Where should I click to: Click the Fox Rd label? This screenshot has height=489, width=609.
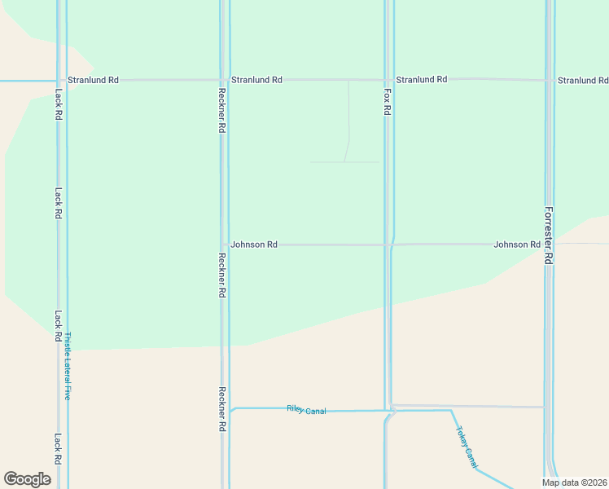pos(387,103)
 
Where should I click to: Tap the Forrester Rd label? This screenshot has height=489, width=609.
pos(548,235)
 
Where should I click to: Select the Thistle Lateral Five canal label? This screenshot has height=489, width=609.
pos(68,366)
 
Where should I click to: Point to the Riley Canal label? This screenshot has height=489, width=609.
pos(306,410)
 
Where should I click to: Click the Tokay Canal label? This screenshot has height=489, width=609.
pos(467,447)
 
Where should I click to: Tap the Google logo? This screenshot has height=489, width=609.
pos(27,479)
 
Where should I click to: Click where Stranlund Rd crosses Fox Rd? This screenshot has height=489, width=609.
pos(386,80)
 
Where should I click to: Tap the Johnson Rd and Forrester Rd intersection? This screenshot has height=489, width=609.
pos(548,244)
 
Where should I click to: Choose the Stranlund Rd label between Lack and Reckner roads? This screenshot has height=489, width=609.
pos(93,80)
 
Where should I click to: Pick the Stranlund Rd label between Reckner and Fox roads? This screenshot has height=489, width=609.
pos(256,80)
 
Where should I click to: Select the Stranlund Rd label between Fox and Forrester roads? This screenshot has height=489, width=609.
pos(421,79)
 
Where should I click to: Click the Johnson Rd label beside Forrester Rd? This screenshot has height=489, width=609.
pos(517,244)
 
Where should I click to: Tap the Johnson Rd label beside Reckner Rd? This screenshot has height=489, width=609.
pos(254,244)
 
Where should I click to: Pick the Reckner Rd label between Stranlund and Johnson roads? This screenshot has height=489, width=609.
pos(221,110)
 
